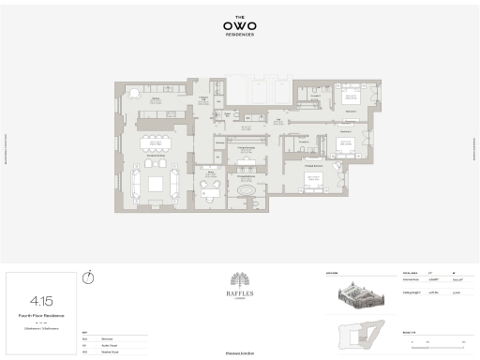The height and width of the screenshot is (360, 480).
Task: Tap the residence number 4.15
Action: point(40,301)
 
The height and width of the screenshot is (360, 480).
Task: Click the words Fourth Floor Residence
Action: point(40,317)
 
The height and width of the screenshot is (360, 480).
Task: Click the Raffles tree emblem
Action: point(239,281)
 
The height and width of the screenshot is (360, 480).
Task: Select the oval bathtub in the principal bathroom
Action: point(247,190)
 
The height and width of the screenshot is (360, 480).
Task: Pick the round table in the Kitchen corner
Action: point(133,92)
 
